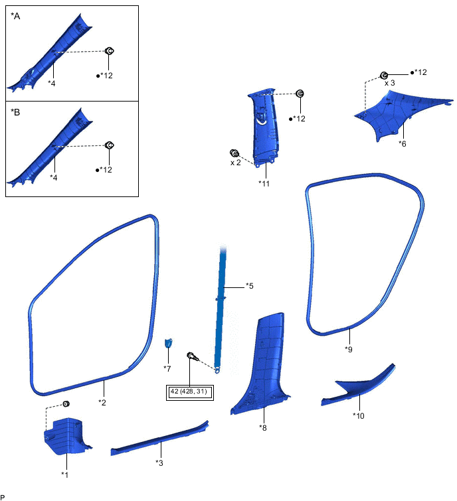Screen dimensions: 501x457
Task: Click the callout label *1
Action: point(64,474)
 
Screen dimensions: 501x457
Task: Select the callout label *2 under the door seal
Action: point(102,401)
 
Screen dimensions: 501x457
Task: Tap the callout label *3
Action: point(159,463)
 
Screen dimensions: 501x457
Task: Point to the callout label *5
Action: point(249,286)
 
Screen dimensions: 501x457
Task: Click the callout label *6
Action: point(403,143)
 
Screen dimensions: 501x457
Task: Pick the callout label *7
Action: point(168,368)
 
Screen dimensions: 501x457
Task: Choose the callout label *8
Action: point(263,427)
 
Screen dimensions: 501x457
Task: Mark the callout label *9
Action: point(349,348)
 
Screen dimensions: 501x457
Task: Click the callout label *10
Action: point(359,415)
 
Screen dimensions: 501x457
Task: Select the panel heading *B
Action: point(16,112)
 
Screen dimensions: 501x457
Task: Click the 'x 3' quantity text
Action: point(390,84)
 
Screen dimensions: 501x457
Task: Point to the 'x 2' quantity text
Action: point(236,163)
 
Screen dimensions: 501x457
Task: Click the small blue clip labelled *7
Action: point(169,343)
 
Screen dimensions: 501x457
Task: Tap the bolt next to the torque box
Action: point(193,357)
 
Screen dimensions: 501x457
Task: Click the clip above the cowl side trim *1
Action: point(66,404)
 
